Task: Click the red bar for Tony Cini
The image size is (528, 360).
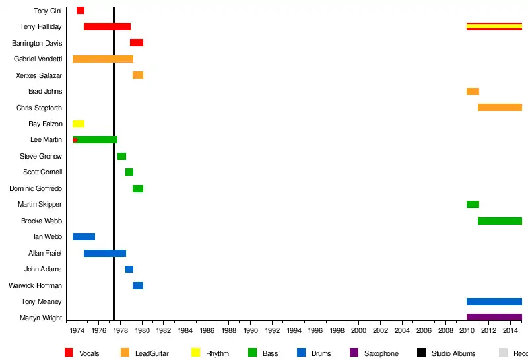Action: pyautogui.click(x=81, y=11)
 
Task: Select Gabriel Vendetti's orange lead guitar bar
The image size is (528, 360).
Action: pyautogui.click(x=103, y=59)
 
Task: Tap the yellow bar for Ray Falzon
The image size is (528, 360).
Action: pyautogui.click(x=79, y=124)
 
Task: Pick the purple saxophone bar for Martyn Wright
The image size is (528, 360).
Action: pyautogui.click(x=494, y=318)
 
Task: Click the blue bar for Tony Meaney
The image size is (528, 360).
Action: pyautogui.click(x=494, y=302)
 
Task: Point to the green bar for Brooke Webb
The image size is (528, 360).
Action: pyautogui.click(x=500, y=221)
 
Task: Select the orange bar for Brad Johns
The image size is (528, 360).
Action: pyautogui.click(x=473, y=92)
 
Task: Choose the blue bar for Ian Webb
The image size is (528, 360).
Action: pyautogui.click(x=84, y=237)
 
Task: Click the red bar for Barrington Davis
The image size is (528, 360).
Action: pyautogui.click(x=137, y=43)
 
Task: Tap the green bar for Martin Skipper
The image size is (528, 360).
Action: pyautogui.click(x=473, y=205)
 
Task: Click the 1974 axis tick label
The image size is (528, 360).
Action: pyautogui.click(x=77, y=330)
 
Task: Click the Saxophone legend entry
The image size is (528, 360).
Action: pyautogui.click(x=381, y=353)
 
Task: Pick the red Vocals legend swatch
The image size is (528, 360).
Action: pyautogui.click(x=69, y=353)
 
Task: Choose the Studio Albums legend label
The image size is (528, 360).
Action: pyautogui.click(x=453, y=353)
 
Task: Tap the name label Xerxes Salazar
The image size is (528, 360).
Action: pyautogui.click(x=39, y=75)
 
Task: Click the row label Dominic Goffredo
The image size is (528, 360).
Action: pyautogui.click(x=36, y=188)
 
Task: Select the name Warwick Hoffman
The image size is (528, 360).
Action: pyautogui.click(x=35, y=285)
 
